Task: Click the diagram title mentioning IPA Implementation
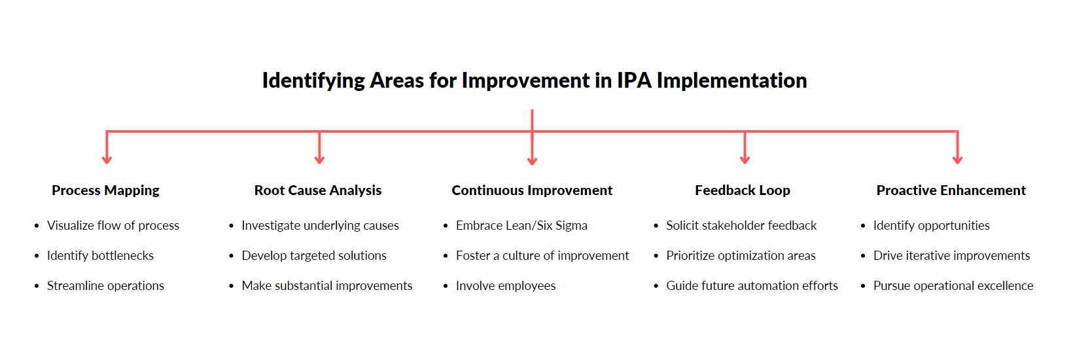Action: click(534, 81)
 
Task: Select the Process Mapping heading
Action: click(105, 190)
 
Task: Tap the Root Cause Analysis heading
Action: click(318, 190)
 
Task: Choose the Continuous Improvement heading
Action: click(532, 190)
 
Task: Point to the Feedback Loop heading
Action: click(742, 190)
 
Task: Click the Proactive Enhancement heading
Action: click(951, 190)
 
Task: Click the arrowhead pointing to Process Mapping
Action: click(107, 159)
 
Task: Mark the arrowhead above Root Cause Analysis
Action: click(319, 159)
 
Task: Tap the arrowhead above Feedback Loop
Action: click(745, 159)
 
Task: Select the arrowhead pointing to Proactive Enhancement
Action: click(957, 159)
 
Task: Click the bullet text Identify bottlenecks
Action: click(100, 256)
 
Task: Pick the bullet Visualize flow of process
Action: click(113, 226)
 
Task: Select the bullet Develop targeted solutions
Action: click(314, 256)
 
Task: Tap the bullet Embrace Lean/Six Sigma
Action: click(521, 226)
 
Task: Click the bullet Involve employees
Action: click(506, 286)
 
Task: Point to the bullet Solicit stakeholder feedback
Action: click(741, 226)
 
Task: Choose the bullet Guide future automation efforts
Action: click(752, 286)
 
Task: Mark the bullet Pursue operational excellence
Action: click(953, 286)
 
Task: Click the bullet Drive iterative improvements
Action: click(951, 256)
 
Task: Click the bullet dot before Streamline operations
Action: click(37, 286)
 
